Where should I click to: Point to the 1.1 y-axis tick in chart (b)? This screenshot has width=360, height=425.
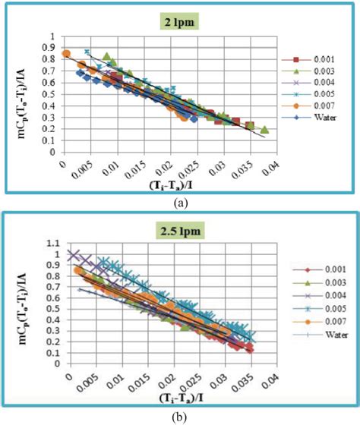pyautogui.click(x=55, y=244)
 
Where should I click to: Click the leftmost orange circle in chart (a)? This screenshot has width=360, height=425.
pyautogui.click(x=66, y=54)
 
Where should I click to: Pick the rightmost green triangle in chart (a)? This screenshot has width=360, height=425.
pyautogui.click(x=264, y=130)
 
